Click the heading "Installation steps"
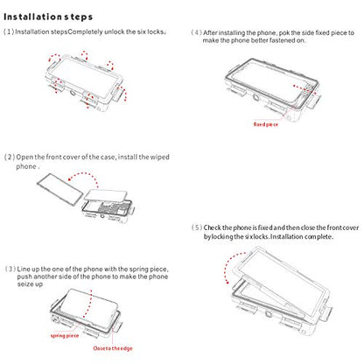click(48, 17)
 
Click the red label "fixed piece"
click(265, 124)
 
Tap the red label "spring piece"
click(65, 336)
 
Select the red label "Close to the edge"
click(113, 348)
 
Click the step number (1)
click(9, 31)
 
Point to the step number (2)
click(10, 157)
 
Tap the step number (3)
click(10, 269)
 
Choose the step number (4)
click(197, 32)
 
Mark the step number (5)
click(197, 227)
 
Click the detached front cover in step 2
click(60, 189)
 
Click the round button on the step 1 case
click(73, 94)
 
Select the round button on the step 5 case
click(267, 314)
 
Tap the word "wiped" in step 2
click(159, 157)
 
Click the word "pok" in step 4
click(284, 32)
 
